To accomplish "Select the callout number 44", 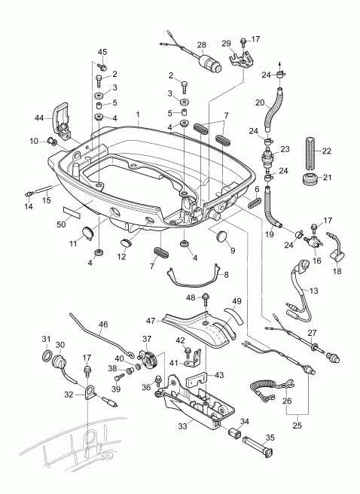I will point(39,117).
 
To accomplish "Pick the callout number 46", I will point(102,324).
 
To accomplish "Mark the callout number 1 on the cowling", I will point(139,117).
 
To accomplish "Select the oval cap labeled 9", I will point(224,239).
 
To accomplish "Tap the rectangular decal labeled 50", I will point(74,212).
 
